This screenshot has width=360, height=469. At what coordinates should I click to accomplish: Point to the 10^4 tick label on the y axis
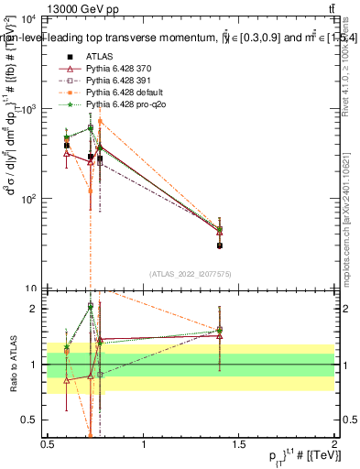[27, 19]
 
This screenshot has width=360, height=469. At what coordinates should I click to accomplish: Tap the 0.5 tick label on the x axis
[48, 444]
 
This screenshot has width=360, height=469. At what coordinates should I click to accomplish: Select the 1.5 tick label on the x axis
[239, 444]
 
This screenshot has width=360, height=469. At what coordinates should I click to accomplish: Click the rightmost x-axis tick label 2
[334, 444]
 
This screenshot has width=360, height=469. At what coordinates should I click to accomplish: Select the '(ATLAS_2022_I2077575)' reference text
[191, 274]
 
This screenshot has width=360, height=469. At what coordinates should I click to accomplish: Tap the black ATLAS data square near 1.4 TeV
[220, 245]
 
